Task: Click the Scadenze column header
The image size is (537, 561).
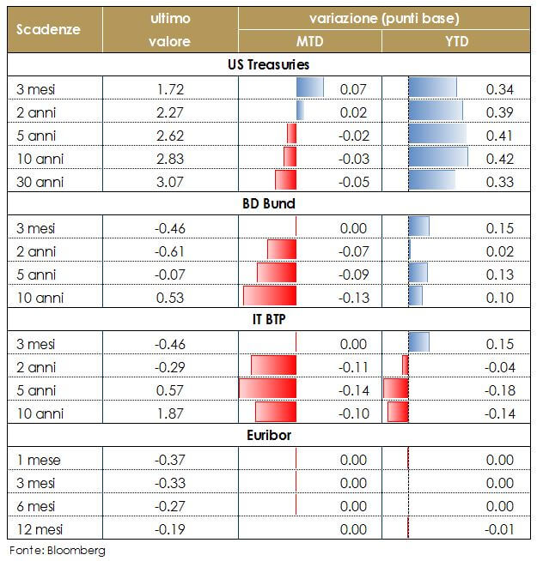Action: [48, 28]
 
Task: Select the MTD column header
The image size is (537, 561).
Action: [309, 41]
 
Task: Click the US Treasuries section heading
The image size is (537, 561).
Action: [269, 64]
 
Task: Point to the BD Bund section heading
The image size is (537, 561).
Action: [269, 203]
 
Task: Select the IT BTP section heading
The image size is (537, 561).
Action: [269, 319]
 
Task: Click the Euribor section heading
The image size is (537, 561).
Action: [269, 435]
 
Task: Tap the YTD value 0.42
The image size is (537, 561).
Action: [499, 159]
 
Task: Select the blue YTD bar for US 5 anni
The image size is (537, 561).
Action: [437, 135]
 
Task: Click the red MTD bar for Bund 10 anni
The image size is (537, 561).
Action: [269, 297]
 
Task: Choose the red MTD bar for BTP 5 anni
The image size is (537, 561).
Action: [267, 389]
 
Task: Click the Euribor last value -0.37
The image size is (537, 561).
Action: [171, 460]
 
